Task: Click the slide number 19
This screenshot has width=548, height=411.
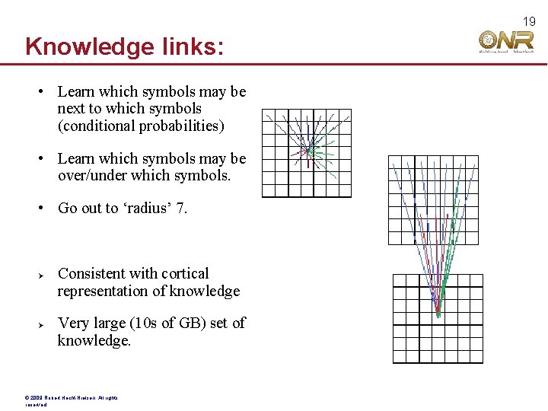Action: pyautogui.click(x=530, y=21)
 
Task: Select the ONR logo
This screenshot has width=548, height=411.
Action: pyautogui.click(x=507, y=42)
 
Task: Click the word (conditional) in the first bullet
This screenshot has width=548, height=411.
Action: pyautogui.click(x=96, y=126)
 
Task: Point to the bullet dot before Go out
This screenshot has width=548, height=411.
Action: pyautogui.click(x=43, y=209)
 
